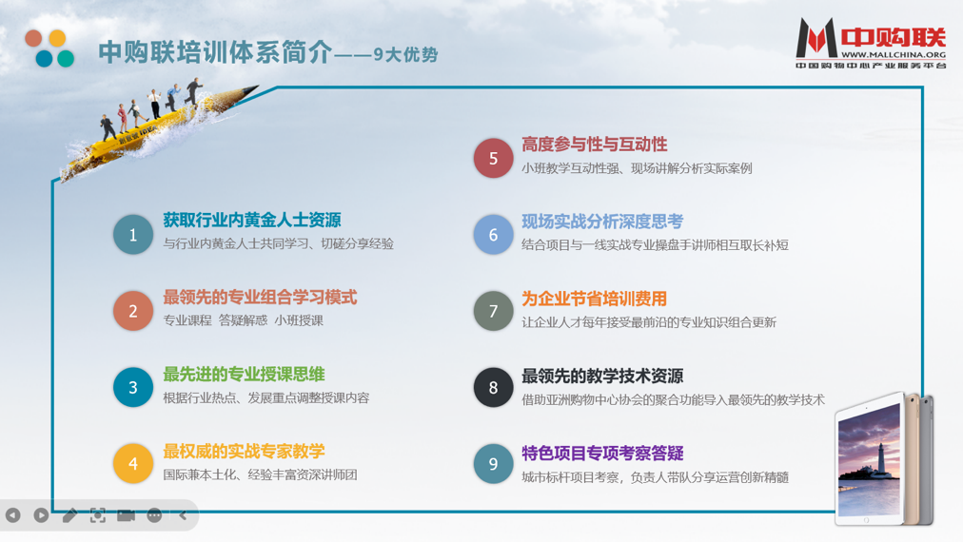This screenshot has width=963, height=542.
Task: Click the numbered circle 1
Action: point(132,235)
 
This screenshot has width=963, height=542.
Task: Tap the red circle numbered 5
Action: point(493,159)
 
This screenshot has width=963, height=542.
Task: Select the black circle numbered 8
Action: point(493,387)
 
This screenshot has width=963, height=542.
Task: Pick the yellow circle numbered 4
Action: point(132,463)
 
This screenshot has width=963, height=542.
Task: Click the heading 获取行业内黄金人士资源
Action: point(252,220)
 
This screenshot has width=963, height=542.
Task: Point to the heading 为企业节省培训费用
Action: point(594,299)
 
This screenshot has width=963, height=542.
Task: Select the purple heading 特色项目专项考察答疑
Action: point(602,453)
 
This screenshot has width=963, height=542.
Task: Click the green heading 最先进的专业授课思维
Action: point(244,375)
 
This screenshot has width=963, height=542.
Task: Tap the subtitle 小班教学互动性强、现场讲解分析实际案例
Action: point(637,168)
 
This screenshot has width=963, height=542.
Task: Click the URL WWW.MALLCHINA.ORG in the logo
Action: point(893,54)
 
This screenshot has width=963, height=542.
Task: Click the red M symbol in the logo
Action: point(816,38)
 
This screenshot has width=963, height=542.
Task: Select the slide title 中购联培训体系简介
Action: point(215,52)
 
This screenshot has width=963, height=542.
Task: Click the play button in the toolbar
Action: point(41,515)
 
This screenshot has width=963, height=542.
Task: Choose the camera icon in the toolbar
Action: point(126,515)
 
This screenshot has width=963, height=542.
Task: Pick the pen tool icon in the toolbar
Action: point(69,515)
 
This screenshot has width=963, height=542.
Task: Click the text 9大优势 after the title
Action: point(405,54)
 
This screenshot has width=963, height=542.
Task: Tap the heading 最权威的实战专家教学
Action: point(244,451)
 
